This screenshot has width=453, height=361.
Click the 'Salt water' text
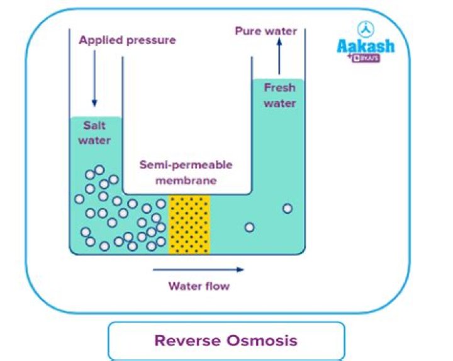click(x=94, y=133)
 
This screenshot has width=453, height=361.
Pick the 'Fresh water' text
click(x=280, y=96)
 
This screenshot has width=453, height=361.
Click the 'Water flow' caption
click(x=199, y=287)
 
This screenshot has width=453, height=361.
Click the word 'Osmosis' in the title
click(x=259, y=341)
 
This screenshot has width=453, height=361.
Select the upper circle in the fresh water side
click(x=288, y=209)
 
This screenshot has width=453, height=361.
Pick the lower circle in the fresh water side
click(x=250, y=227)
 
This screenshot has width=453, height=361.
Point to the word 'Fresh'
click(x=280, y=88)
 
